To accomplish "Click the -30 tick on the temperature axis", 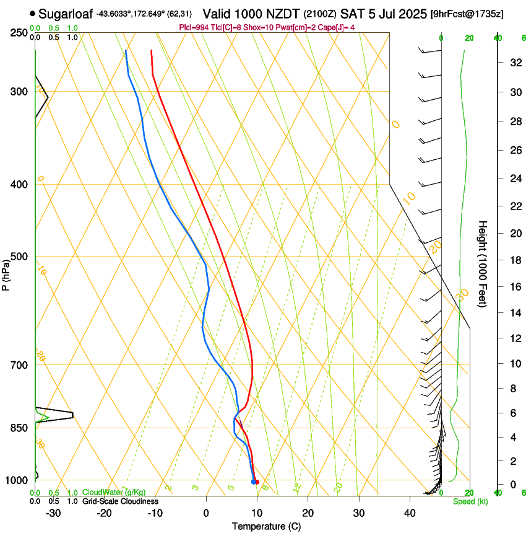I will point(53,513).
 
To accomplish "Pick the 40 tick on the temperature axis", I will point(409,513).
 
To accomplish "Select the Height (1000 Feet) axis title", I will point(483,264).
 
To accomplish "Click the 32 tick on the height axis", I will point(514,63).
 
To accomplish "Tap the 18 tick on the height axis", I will point(514,260).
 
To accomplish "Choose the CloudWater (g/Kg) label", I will point(114,492).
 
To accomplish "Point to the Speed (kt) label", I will point(470,501).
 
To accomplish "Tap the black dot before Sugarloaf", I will point(32,13).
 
